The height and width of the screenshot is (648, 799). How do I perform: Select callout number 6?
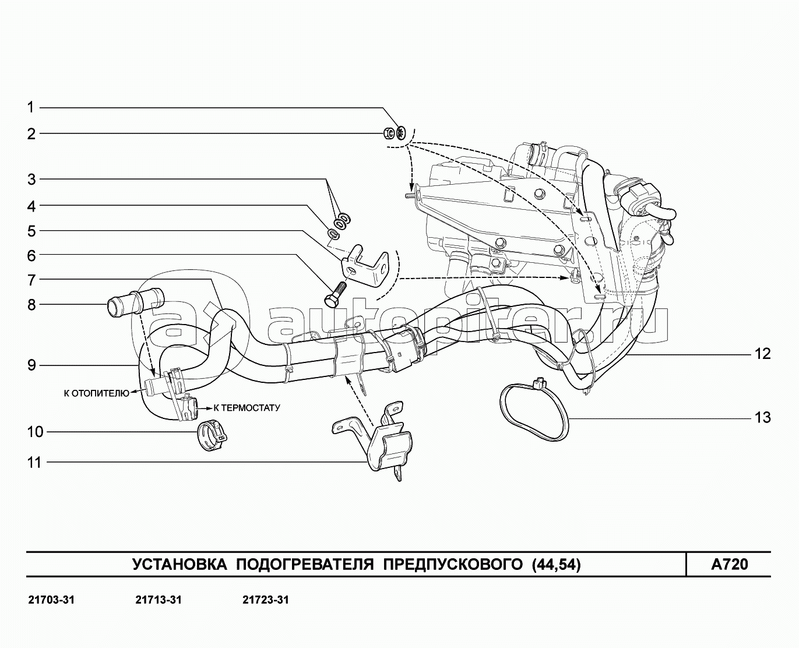pyautogui.click(x=31, y=256)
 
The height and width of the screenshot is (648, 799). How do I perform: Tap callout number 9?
pyautogui.click(x=31, y=365)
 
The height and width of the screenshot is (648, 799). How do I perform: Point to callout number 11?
pyautogui.click(x=35, y=463)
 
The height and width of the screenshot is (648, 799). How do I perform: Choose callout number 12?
pyautogui.click(x=762, y=354)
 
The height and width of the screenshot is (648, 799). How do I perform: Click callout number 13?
pyautogui.click(x=762, y=418)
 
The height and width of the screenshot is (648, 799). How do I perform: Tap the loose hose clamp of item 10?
pyautogui.click(x=211, y=436)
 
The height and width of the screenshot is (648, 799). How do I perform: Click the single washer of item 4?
pyautogui.click(x=333, y=234)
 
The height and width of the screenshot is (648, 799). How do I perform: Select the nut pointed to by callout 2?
pyautogui.click(x=388, y=133)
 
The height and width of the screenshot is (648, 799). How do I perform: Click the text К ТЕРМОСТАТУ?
pyautogui.click(x=247, y=408)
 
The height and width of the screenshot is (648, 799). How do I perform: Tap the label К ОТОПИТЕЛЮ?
pyautogui.click(x=96, y=393)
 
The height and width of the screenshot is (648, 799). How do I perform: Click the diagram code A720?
pyautogui.click(x=728, y=564)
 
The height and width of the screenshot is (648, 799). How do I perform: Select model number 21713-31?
pyautogui.click(x=158, y=600)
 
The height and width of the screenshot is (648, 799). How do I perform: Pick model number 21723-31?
pyautogui.click(x=265, y=600)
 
